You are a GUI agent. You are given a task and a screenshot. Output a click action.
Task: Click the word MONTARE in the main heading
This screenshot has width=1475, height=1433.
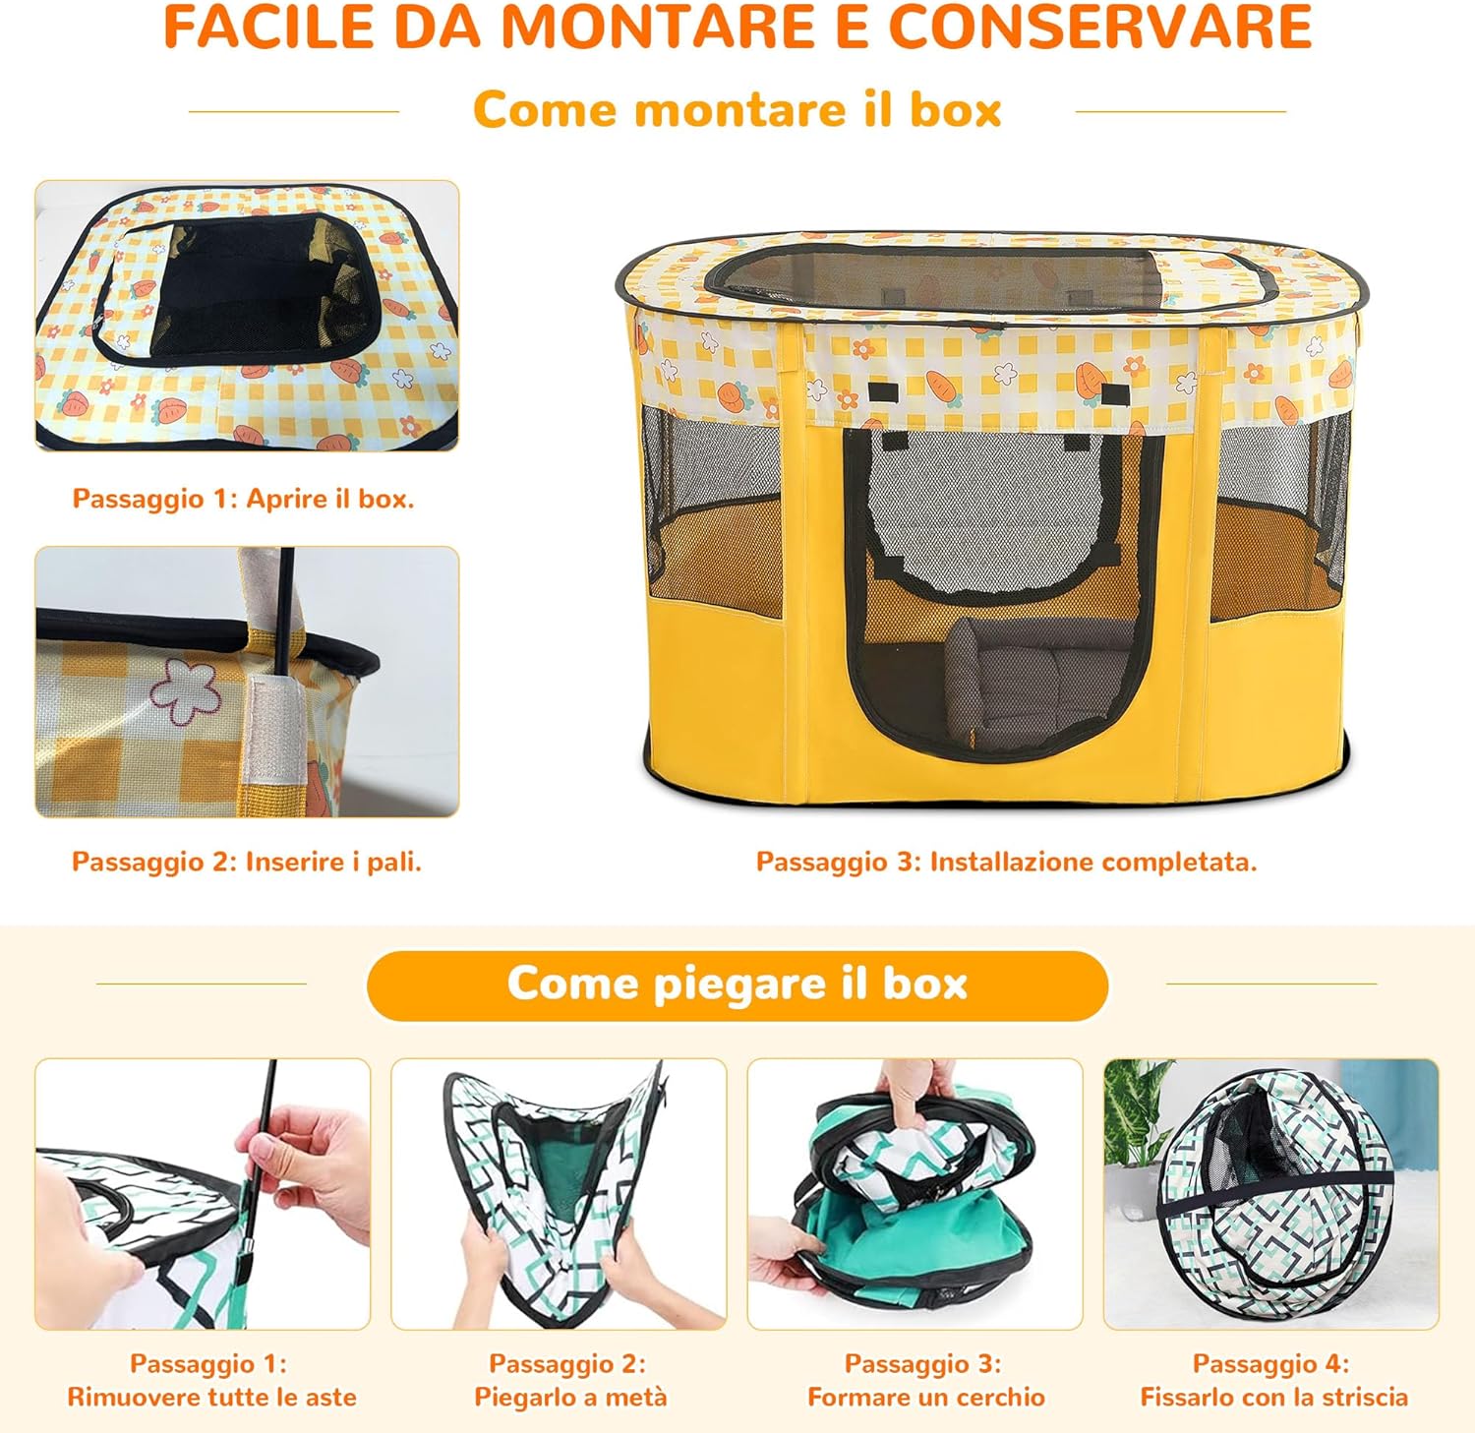[658, 27]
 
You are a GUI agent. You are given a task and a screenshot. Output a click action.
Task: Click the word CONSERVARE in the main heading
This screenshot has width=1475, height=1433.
[1101, 27]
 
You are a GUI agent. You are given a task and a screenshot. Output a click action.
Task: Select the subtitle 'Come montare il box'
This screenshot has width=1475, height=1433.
[737, 109]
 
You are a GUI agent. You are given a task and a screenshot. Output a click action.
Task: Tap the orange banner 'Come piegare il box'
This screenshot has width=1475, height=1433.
[737, 985]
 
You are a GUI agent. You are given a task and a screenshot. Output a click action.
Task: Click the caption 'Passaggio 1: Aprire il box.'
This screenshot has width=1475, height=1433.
[244, 499]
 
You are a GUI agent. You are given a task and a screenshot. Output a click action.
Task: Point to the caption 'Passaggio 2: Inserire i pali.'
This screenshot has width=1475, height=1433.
[247, 862]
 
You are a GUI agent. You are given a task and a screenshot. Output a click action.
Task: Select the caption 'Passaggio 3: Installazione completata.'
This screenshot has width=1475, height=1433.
[1007, 862]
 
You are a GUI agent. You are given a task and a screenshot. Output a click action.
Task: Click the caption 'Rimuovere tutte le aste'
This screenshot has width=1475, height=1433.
[211, 1397]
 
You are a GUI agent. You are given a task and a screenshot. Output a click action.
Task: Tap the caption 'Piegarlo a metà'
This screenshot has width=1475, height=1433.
[570, 1397]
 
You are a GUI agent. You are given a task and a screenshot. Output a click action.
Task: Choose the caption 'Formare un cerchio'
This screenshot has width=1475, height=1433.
[926, 1397]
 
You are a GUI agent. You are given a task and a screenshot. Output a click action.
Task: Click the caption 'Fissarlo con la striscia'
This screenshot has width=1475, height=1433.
[1274, 1397]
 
